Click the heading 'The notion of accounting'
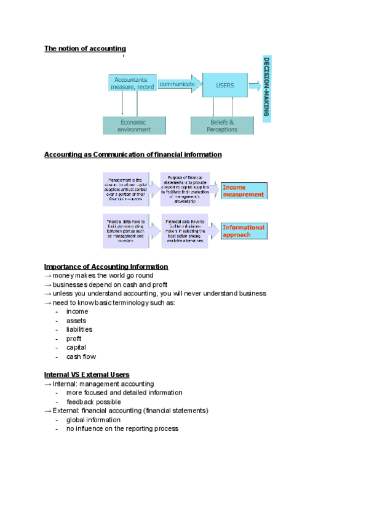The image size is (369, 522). [x=85, y=49]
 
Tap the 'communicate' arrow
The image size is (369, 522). [x=177, y=84]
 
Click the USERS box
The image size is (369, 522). [x=225, y=86]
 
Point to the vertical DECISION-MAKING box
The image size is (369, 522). [x=267, y=87]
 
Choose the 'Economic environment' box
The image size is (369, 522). [x=135, y=126]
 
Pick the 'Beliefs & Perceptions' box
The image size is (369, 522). [x=222, y=126]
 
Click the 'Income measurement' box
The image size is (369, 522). [x=244, y=191]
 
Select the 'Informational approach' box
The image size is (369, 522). [x=244, y=231]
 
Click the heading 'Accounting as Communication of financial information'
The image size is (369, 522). [x=133, y=155]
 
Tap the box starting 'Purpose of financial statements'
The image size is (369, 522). [x=185, y=189]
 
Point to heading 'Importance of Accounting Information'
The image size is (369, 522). [x=106, y=267]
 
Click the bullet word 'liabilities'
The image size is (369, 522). [x=79, y=329]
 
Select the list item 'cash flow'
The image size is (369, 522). [x=81, y=356]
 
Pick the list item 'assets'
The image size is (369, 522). [x=76, y=321]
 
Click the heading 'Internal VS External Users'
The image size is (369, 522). [x=87, y=374]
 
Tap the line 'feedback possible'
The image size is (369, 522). [x=93, y=401]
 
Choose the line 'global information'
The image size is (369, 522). [x=93, y=420]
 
